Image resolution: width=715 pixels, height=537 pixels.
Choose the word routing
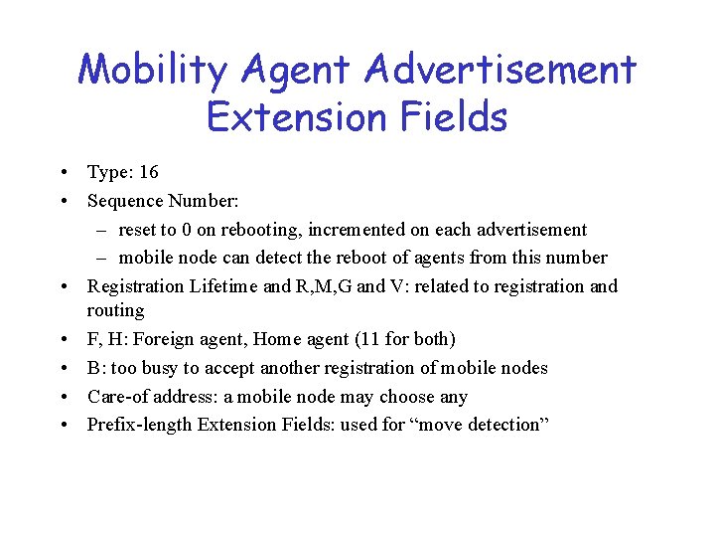pos(116,310)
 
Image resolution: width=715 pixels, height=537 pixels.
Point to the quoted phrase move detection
pos(482,425)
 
